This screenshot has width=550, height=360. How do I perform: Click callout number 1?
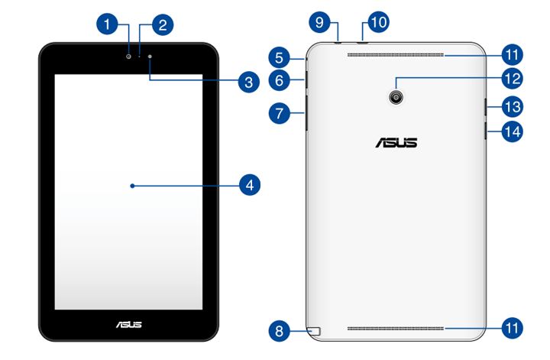(108, 24)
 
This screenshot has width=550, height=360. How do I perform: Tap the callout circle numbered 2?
(161, 24)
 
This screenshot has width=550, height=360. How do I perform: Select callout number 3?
(246, 82)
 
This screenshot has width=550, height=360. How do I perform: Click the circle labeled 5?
(280, 57)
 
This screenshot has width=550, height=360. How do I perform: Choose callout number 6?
(280, 79)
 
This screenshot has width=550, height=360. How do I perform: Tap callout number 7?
(280, 113)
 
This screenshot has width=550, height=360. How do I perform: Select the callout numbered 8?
(280, 331)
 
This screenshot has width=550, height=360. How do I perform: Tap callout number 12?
(512, 77)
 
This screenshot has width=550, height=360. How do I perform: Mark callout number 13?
(512, 106)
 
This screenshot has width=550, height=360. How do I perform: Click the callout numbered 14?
(512, 131)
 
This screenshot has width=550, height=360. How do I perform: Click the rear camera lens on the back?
(396, 96)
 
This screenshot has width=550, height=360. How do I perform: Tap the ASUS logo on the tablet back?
(396, 142)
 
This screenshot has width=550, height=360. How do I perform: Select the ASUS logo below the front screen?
(128, 325)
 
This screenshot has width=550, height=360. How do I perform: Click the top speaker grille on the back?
(396, 55)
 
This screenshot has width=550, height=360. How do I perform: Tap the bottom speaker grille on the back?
(396, 329)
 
